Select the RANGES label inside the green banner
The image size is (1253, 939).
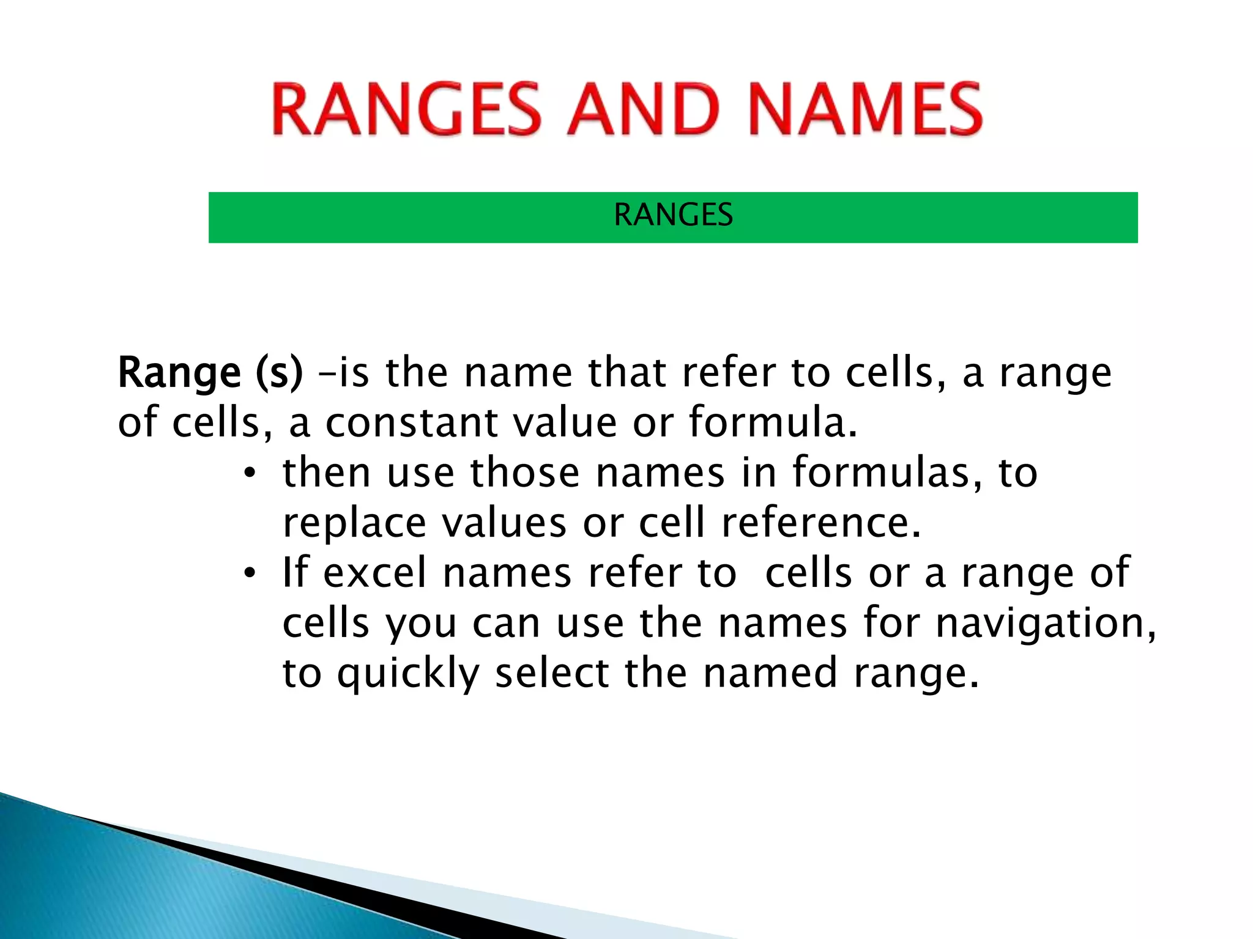tap(673, 215)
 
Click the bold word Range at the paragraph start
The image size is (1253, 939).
tap(179, 373)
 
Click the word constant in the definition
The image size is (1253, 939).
tap(411, 423)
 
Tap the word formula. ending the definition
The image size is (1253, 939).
tap(773, 423)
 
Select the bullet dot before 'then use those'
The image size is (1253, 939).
tap(249, 474)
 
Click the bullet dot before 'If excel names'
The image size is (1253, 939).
tap(249, 575)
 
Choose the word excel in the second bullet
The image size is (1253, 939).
tap(374, 573)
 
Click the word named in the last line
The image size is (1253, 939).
tap(770, 674)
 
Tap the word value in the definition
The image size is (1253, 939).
tap(565, 423)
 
